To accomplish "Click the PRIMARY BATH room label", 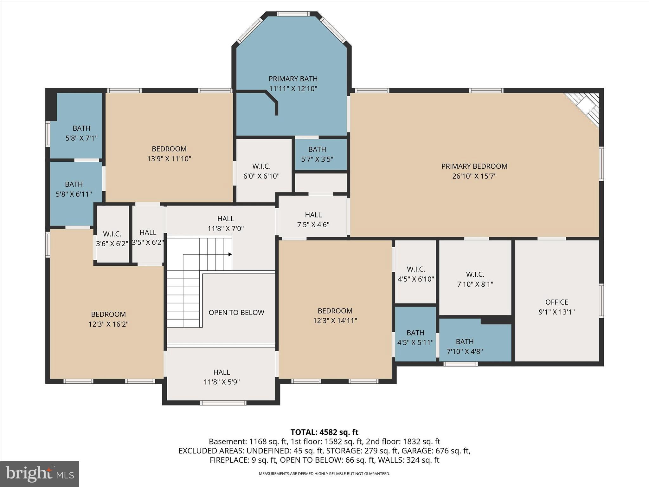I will [293, 79].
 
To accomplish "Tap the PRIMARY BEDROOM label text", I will [474, 166].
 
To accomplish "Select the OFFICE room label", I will [556, 302].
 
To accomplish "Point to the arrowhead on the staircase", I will [230, 254].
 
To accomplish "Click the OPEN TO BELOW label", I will [236, 312].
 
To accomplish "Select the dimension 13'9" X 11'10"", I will [169, 159].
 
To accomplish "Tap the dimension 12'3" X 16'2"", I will [108, 324].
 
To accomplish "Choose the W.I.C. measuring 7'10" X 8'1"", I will [475, 279].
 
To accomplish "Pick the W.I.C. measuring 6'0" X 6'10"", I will [261, 171].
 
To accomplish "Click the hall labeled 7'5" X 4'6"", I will [313, 219].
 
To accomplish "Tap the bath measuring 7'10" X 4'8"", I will [465, 346].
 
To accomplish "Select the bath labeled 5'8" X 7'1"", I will [81, 133].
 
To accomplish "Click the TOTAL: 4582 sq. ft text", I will [324, 432].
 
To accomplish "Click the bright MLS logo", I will [40, 474].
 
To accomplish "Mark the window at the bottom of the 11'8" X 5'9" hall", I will [223, 403].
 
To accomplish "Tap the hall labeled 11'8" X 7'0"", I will [226, 223].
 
